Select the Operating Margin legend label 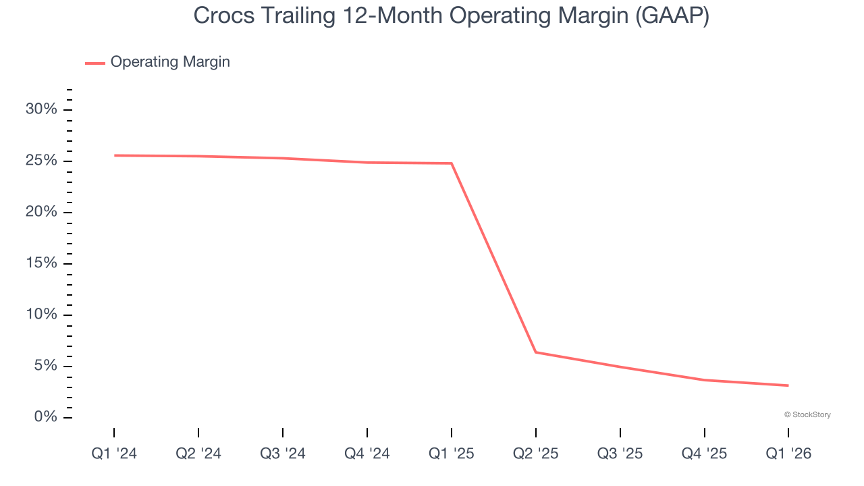coord(170,62)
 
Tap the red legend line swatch coord(95,63)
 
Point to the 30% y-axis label coord(41,109)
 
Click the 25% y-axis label coord(41,161)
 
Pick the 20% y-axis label coord(41,212)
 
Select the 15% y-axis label coord(41,263)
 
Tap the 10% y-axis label coord(41,315)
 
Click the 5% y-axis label coord(45,366)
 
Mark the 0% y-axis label coord(45,417)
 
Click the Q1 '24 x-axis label coord(114,454)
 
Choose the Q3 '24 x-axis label coord(283,454)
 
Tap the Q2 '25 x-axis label coord(535,454)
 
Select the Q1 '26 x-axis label coord(788,454)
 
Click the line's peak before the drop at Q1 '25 coord(451,163)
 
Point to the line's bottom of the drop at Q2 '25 coord(535,352)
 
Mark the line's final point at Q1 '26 coord(788,385)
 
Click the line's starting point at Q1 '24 coord(115,155)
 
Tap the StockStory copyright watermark coord(807,414)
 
